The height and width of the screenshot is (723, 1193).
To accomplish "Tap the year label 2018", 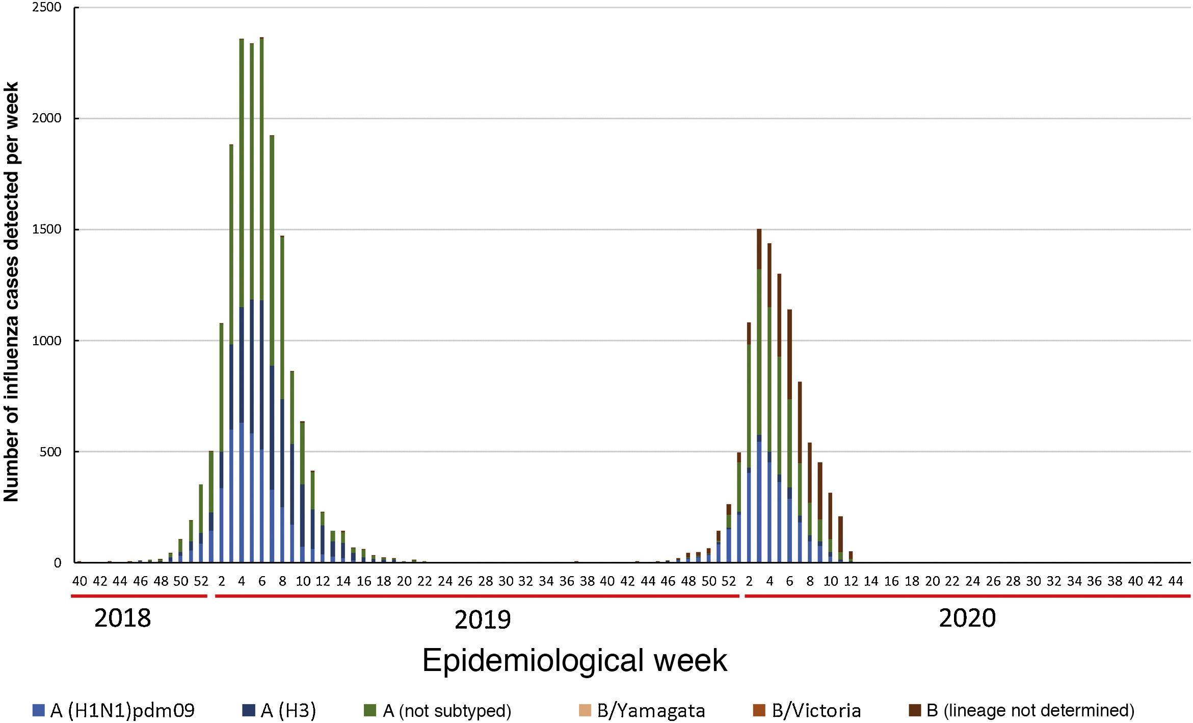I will click(123, 618).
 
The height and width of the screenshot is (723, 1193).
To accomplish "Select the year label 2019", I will click(482, 620).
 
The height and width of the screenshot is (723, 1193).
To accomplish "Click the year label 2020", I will click(967, 618).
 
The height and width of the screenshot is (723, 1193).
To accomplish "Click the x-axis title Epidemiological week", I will click(574, 661).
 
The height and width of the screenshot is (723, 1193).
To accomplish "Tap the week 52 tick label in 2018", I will click(201, 581).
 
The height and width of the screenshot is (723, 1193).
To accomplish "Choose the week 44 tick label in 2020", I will click(1175, 581).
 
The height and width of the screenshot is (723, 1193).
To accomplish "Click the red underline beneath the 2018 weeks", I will click(139, 596).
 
